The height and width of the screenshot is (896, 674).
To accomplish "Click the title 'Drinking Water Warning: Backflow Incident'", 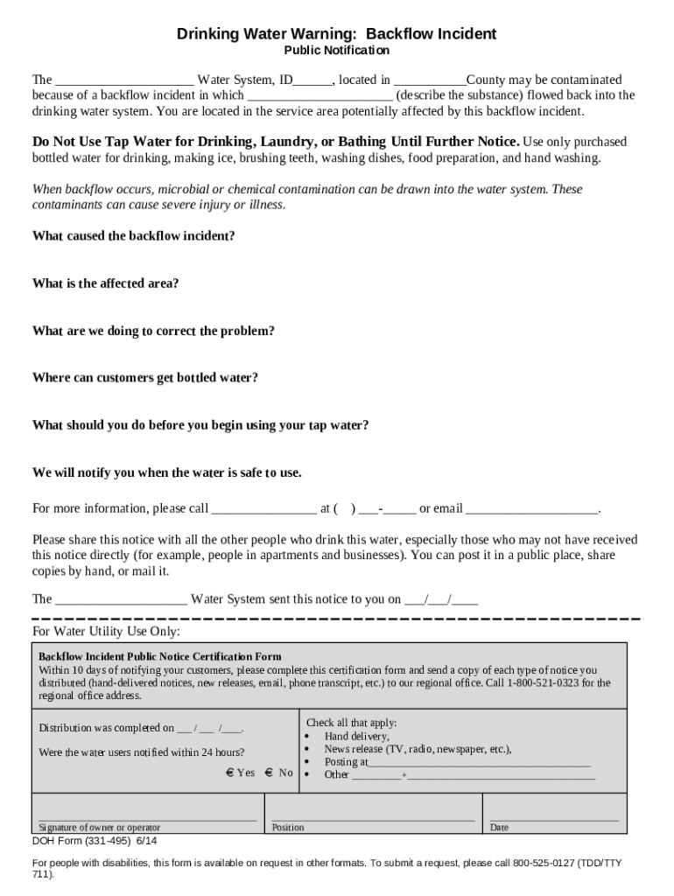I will (336, 34).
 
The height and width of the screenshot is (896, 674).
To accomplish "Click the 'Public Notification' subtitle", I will (336, 51).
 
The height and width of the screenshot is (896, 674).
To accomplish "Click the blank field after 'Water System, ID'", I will (312, 80).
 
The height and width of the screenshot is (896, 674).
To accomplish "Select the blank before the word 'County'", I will (430, 80).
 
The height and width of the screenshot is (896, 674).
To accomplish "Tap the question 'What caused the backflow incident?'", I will (133, 236).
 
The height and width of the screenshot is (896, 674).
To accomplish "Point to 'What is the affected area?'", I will (105, 283).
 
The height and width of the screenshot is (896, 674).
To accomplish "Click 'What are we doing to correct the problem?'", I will (153, 331).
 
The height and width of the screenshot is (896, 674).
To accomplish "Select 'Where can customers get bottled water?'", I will (144, 378).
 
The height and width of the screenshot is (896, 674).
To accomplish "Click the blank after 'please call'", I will (264, 509).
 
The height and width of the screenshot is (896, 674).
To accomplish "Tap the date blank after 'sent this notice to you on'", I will (440, 600).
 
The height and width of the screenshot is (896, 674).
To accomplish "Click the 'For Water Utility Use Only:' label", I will (106, 631).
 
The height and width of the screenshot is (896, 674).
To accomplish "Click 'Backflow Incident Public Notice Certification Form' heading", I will (160, 656).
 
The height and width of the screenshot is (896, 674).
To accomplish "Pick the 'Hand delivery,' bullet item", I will (356, 737).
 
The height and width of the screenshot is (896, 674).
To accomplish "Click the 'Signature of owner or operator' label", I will (100, 828).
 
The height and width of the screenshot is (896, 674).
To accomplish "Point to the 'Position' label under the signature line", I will (288, 828).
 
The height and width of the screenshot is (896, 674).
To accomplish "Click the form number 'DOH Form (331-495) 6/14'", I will (95, 841).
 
